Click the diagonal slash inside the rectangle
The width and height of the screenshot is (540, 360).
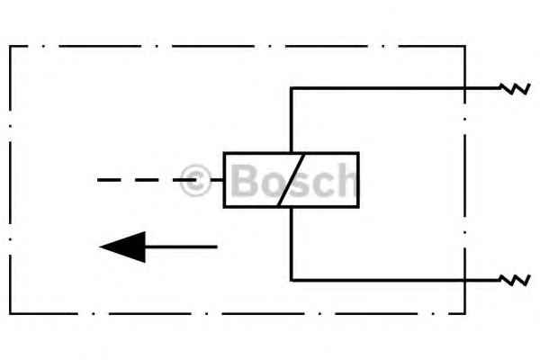tap(292, 180)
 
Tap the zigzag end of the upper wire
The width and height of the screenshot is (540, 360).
tap(515, 88)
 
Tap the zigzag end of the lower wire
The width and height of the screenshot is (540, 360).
tap(515, 280)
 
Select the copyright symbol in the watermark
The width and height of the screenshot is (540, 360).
tap(195, 180)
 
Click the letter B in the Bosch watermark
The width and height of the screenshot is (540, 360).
tap(244, 180)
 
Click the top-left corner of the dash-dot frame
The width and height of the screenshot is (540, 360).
tap(10, 46)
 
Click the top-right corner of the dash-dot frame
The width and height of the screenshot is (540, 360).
tap(465, 46)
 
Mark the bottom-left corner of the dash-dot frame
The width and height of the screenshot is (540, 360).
tap(10, 313)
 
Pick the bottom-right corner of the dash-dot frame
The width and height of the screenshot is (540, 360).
tap(465, 313)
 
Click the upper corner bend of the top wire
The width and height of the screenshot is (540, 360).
tap(292, 88)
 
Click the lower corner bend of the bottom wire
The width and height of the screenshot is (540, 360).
tap(292, 280)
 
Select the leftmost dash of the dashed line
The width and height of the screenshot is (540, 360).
tap(109, 180)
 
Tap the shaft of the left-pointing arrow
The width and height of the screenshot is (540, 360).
tap(181, 247)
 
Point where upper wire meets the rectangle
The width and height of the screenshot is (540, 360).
tap(292, 153)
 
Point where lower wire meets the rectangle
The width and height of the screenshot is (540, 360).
tap(292, 207)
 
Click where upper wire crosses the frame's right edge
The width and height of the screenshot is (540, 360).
tap(465, 88)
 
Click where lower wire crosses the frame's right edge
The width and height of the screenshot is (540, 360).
tap(465, 280)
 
